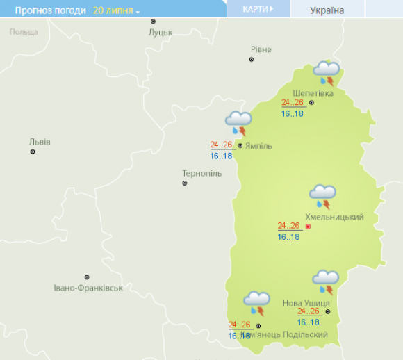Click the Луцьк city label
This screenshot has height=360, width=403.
(161, 33)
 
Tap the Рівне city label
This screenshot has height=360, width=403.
(261, 49)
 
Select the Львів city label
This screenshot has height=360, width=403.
(40, 142)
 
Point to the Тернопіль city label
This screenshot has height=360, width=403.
(201, 173)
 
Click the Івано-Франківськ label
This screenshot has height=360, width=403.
(88, 288)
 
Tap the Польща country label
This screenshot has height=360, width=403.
(24, 32)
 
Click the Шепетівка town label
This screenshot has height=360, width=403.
(313, 93)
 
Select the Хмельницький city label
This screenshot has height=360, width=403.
(334, 217)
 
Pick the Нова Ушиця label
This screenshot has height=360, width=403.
(306, 304)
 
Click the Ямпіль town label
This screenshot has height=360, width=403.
(258, 146)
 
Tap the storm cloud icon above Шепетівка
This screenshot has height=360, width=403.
(326, 72)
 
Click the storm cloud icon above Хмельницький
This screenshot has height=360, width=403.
(323, 196)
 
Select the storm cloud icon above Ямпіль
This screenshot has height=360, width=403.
(238, 122)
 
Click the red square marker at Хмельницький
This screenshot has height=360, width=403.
(308, 227)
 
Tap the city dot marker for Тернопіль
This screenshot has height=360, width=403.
(184, 183)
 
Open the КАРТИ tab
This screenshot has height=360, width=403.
(256, 9)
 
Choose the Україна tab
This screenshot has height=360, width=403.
(327, 10)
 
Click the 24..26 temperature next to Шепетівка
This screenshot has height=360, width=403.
(292, 102)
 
